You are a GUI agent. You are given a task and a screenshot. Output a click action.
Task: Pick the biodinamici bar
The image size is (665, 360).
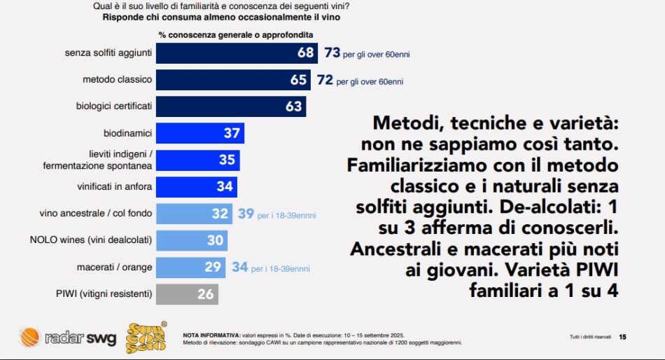click(199, 133)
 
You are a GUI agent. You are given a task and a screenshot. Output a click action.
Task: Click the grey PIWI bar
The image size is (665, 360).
click(187, 294)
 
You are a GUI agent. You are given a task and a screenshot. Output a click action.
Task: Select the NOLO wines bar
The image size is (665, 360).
click(191, 240)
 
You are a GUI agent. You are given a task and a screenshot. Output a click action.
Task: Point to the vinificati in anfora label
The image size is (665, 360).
click(114, 187)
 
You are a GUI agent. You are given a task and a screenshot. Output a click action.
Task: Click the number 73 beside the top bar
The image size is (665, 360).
click(332, 53)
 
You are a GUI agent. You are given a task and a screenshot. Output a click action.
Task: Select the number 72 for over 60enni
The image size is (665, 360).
click(325, 80)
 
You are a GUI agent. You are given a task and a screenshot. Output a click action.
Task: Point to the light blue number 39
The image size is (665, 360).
click(246, 214)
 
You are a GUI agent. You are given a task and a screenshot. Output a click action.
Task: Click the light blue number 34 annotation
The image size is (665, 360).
click(239, 268)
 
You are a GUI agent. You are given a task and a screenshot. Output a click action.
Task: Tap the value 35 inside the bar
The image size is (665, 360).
click(227, 160)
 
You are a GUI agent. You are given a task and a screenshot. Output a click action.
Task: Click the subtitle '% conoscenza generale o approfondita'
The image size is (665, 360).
click(235, 34)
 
